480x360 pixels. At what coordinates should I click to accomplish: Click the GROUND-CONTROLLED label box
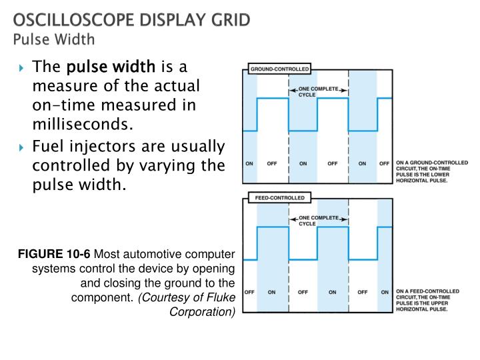click(279, 69)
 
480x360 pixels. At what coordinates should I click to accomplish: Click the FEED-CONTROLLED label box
click(277, 198)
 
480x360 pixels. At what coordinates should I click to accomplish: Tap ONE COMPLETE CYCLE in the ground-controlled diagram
click(318, 92)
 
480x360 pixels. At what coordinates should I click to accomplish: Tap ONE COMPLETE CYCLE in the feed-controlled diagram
click(318, 221)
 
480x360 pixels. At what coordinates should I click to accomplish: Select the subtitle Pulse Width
click(54, 39)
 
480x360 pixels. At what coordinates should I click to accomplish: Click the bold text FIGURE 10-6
click(55, 254)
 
